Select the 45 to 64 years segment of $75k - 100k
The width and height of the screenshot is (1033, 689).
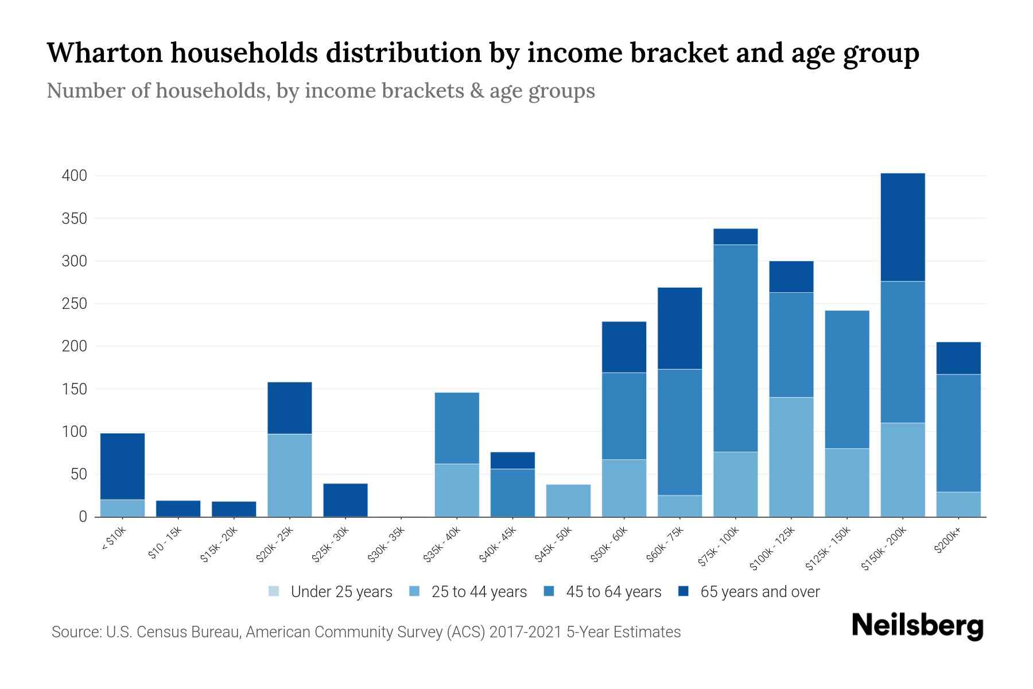click(735, 348)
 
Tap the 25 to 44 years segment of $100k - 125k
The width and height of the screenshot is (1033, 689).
click(791, 456)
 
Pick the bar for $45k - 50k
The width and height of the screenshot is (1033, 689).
click(568, 500)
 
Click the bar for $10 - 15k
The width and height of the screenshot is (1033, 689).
click(178, 508)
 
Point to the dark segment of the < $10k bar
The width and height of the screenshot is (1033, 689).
click(122, 466)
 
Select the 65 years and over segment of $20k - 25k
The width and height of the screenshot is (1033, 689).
click(290, 408)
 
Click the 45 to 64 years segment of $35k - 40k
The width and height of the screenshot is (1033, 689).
click(457, 428)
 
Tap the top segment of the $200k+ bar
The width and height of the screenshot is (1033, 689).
click(958, 358)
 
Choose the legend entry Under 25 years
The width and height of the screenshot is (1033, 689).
click(331, 591)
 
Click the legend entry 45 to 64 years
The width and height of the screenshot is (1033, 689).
click(602, 591)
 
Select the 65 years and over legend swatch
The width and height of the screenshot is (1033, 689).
click(684, 591)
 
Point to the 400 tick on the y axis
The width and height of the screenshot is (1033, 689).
click(75, 176)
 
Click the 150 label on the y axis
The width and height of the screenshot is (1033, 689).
click(75, 389)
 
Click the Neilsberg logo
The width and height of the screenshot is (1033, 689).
click(917, 625)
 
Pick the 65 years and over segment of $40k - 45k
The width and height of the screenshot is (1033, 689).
click(512, 460)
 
